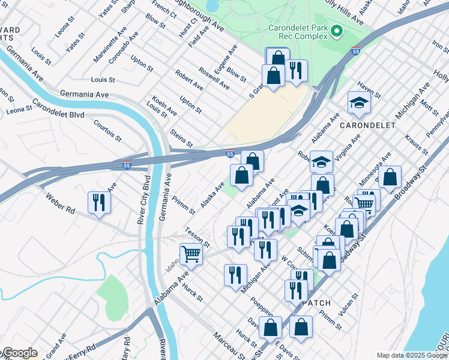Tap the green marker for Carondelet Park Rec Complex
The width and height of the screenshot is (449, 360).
coord(337,30)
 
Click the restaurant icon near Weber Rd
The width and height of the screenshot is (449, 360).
coord(98,203)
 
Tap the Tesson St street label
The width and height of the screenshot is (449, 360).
coord(197,238)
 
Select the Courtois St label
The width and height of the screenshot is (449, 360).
coord(108,130)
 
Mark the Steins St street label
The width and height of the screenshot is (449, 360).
coord(181,137)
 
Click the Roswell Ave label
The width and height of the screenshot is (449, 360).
coord(214,79)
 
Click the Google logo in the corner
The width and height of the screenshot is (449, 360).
coord(19,353)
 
